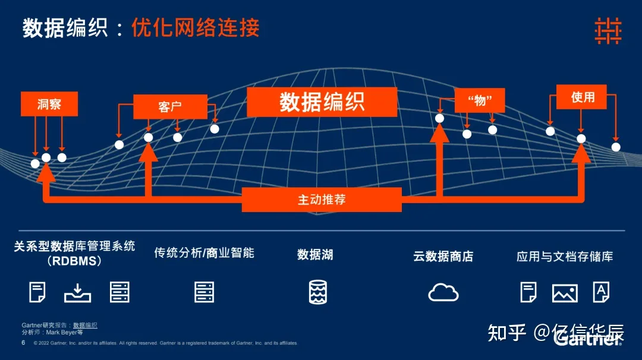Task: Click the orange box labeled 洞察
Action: (x=49, y=105)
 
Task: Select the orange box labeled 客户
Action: (x=170, y=107)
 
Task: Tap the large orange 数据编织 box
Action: (x=322, y=102)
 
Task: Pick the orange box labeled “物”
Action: (x=480, y=100)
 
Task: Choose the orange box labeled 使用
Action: (x=582, y=97)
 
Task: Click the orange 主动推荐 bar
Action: (x=322, y=200)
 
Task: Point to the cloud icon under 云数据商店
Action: (x=443, y=292)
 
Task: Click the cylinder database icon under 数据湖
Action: (x=318, y=292)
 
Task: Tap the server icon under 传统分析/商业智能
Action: (x=204, y=292)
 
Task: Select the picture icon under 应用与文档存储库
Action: (x=565, y=292)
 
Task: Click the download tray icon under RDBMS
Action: (x=77, y=292)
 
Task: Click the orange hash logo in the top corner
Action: (x=608, y=30)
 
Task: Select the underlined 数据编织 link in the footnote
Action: (x=85, y=326)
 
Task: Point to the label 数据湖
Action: (x=315, y=255)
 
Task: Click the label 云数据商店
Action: (x=443, y=257)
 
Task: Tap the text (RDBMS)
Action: (x=74, y=261)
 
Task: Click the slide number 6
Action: (x=23, y=343)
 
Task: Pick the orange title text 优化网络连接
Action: (x=196, y=28)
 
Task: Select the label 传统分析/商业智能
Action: (x=204, y=252)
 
